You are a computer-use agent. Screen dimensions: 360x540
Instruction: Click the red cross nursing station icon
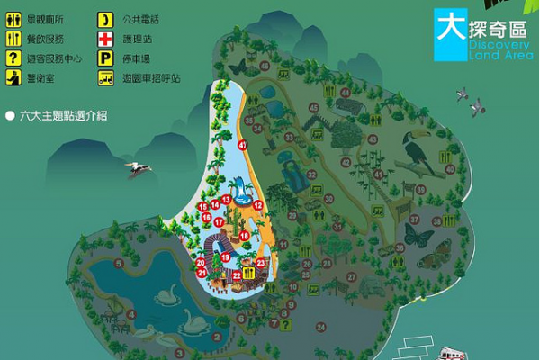tap(105, 38)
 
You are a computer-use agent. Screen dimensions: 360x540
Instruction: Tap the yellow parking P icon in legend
tap(105, 57)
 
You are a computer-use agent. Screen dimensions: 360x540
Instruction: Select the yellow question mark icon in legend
tap(13, 58)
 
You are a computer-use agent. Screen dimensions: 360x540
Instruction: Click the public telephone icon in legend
tap(105, 18)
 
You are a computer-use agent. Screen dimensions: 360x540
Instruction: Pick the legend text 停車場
tap(136, 58)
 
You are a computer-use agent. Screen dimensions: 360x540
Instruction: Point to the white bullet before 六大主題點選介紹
tap(10, 115)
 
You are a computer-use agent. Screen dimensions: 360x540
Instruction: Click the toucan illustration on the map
tap(417, 153)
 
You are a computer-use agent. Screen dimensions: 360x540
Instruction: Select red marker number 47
tap(242, 145)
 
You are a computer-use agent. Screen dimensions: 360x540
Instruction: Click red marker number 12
tap(257, 205)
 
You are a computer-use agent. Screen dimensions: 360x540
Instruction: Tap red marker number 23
tap(260, 262)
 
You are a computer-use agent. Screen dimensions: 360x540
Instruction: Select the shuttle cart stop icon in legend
tap(105, 77)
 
